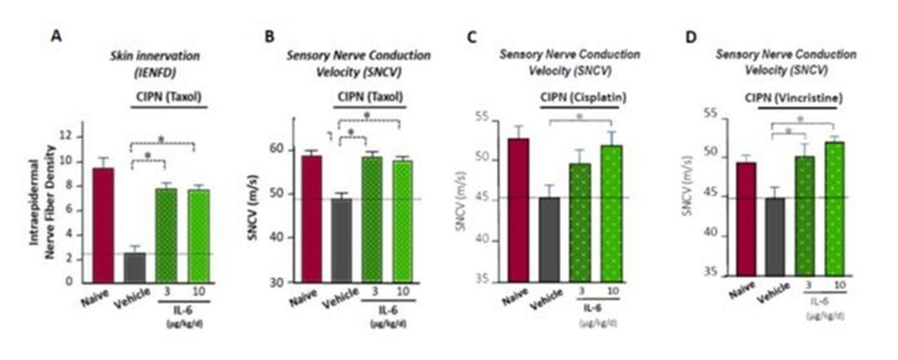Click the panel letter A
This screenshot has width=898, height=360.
[57, 36]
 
